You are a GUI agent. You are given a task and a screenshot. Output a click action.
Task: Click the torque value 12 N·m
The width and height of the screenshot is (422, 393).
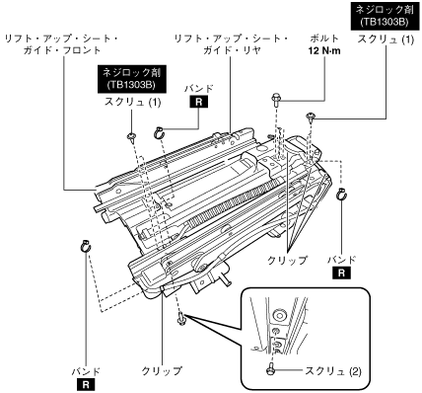tap(324, 51)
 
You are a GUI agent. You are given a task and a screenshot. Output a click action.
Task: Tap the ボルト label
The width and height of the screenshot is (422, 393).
tap(324, 39)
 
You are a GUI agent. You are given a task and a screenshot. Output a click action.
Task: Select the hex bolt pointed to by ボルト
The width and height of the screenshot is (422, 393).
tap(276, 100)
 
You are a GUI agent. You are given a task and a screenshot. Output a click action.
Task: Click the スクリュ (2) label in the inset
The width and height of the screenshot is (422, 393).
tap(333, 371)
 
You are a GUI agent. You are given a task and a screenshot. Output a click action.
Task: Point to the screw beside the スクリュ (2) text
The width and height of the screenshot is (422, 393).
tap(270, 368)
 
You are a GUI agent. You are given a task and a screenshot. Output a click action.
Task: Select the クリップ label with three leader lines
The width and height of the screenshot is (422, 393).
tap(287, 261)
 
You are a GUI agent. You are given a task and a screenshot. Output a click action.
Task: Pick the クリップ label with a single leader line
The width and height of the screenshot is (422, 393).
tap(162, 371)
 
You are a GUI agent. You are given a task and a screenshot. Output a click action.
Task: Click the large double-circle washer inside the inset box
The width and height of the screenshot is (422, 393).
tap(279, 315)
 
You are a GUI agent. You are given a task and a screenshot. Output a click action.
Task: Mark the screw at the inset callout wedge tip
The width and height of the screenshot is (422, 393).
tap(181, 319)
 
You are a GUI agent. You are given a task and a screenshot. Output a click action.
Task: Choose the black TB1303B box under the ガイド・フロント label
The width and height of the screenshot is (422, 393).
tap(131, 79)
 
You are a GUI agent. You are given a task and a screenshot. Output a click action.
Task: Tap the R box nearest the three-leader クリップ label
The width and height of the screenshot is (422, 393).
tap(342, 273)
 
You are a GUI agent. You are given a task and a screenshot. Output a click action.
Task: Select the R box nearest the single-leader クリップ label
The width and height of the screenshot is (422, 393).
tap(86, 385)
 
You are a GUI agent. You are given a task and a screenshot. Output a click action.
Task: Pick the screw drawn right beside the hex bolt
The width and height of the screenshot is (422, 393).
tap(310, 118)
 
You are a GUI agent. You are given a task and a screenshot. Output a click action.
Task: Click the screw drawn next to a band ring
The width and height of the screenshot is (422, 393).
tap(132, 137)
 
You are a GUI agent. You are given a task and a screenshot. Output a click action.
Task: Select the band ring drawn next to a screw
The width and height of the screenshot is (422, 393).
tap(159, 132)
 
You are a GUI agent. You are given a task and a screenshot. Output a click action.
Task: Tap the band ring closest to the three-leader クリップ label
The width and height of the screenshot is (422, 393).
tap(342, 194)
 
